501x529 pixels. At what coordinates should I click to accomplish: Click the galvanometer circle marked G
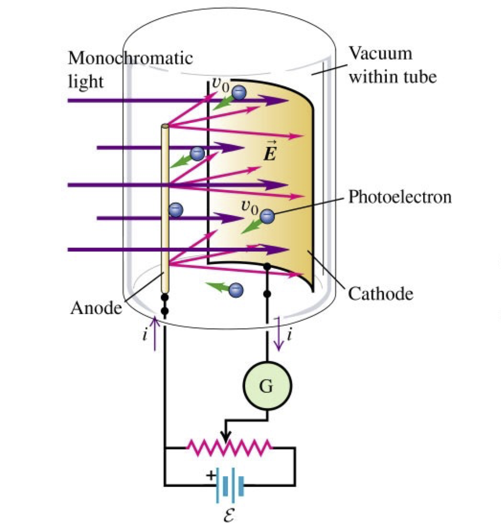(267, 386)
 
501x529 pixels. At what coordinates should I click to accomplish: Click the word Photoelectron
(400, 197)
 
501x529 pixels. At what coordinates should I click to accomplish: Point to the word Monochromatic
(130, 58)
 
